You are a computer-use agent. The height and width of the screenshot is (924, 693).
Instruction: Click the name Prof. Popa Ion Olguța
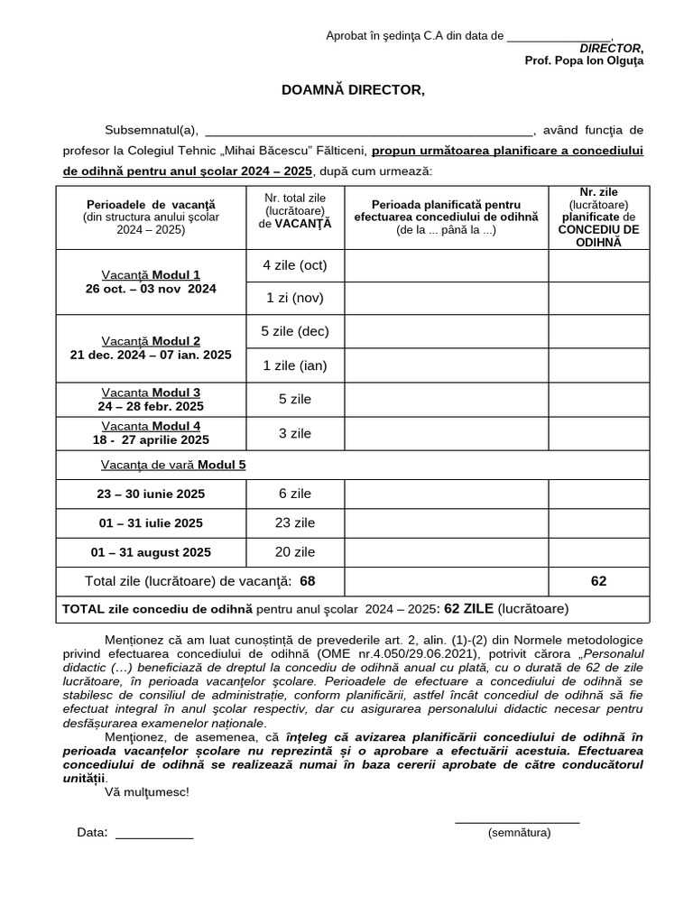584,60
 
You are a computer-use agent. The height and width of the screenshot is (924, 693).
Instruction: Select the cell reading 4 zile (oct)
295,265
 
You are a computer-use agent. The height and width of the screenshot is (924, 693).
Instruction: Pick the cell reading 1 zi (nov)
295,298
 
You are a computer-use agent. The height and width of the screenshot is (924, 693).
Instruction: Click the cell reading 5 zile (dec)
295,331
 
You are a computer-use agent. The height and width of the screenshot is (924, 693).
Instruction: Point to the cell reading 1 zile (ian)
295,365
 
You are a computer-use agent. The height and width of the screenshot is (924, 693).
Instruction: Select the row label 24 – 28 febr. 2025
151,406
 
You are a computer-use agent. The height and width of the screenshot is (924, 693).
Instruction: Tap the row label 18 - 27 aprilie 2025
151,439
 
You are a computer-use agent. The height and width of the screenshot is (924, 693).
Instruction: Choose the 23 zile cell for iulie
295,522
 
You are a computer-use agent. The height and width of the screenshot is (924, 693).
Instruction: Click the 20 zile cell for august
295,552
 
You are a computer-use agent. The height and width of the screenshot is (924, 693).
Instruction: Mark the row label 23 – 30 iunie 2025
151,494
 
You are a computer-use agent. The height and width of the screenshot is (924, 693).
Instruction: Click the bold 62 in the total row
598,581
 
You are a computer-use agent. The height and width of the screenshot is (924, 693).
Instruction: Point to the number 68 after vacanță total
308,581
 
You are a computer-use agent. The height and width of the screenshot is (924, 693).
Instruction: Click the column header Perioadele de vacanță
151,217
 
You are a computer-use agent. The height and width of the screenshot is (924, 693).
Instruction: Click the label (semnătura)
518,833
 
